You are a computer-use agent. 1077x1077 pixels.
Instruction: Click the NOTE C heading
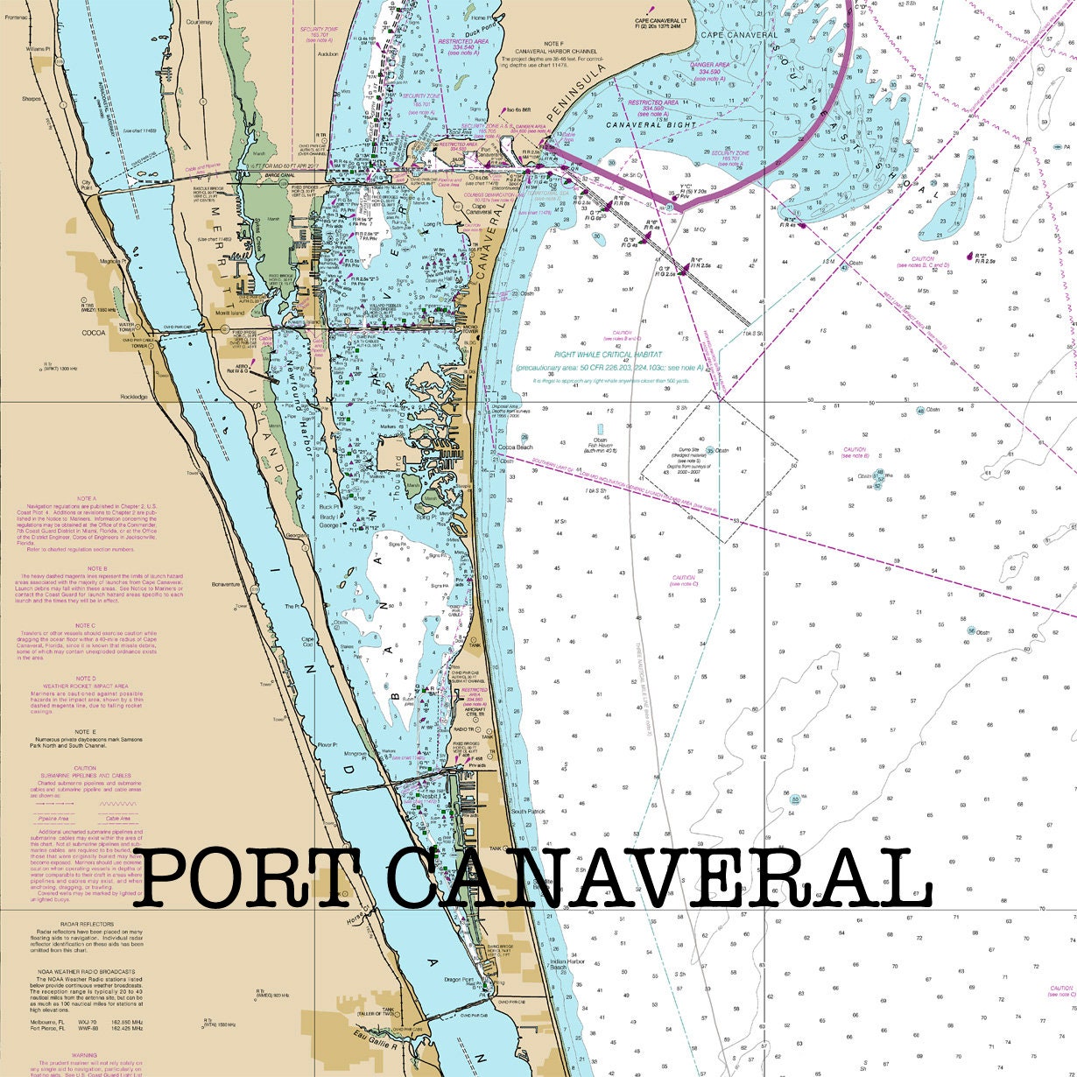(86, 625)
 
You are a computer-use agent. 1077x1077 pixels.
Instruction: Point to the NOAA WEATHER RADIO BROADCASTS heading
(86, 972)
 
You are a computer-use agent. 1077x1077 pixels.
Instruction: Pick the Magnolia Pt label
(111, 260)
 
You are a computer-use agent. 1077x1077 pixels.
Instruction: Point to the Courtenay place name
(200, 22)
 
